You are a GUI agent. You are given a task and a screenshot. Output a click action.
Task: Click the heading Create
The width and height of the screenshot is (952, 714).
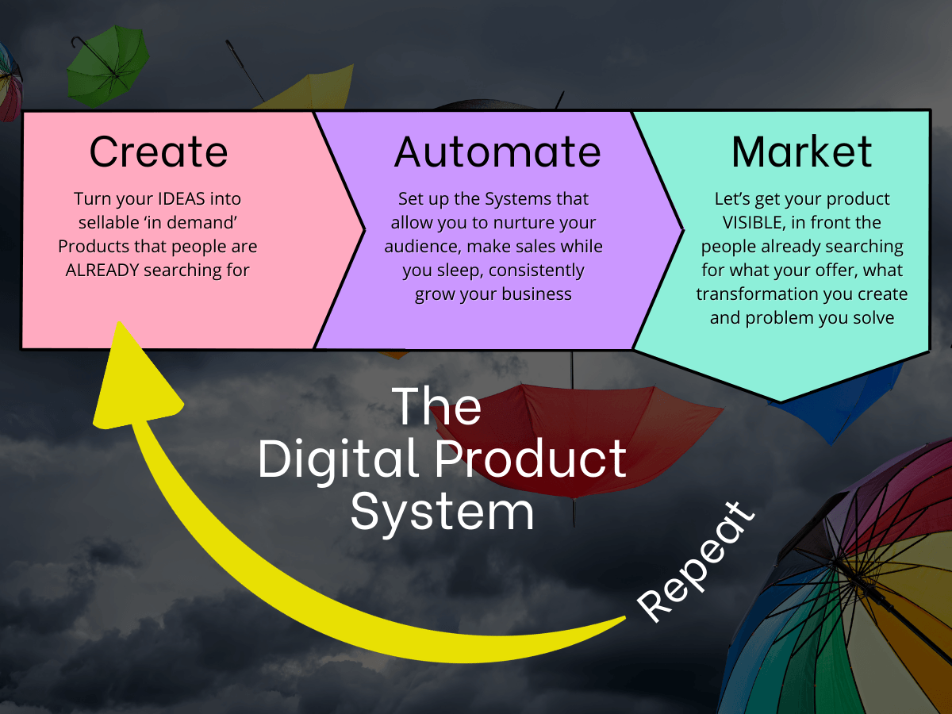point(159,152)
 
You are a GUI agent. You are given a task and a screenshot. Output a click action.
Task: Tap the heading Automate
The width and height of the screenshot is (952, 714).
point(497,152)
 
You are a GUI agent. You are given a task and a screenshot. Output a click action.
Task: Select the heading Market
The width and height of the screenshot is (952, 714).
point(801,152)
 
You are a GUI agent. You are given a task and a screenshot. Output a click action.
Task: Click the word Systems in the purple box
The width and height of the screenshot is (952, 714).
point(509,198)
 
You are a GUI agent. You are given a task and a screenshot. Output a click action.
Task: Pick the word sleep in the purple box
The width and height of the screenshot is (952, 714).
point(457,270)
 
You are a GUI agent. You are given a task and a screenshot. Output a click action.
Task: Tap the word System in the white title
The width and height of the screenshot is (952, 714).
point(442,512)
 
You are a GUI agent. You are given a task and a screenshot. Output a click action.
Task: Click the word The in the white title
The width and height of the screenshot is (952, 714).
point(437,405)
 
